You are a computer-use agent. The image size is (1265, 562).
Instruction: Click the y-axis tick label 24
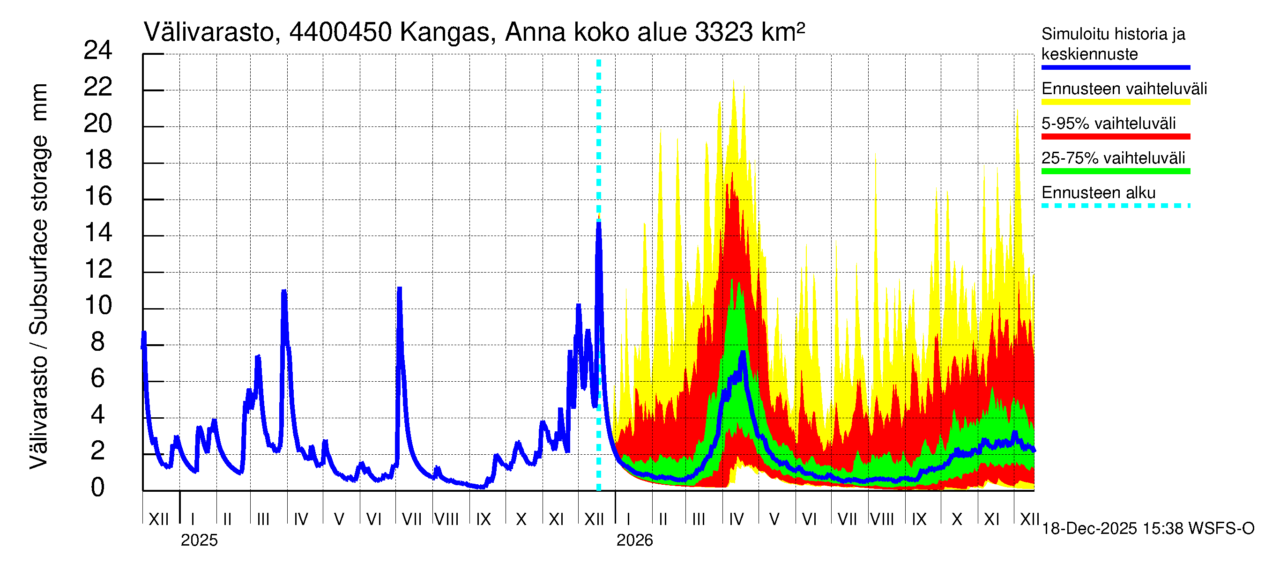98,51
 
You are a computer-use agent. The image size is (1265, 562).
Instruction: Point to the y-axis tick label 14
98,233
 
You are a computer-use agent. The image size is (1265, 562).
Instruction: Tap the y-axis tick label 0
98,488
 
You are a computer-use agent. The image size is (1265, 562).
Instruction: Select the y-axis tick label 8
98,342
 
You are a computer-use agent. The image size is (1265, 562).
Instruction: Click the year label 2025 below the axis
199,540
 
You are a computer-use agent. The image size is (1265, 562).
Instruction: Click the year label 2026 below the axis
634,540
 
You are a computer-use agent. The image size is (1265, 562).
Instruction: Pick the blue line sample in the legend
1115,68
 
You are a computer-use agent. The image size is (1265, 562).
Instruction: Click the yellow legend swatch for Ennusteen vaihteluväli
1115,102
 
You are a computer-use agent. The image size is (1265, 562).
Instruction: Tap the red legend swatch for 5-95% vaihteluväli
1115,137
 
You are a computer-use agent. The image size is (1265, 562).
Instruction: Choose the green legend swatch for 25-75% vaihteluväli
1115,171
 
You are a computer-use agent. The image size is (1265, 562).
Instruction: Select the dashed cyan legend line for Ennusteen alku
1115,206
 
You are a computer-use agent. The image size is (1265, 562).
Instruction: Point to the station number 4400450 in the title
340,33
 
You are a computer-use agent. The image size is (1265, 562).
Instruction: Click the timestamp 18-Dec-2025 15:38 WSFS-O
1147,529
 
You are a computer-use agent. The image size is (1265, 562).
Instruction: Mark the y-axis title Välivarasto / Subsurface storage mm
39,276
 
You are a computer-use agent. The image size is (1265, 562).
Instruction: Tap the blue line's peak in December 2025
599,222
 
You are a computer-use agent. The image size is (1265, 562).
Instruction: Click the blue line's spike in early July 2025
399,289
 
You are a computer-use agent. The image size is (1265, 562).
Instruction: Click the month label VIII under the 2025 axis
446,519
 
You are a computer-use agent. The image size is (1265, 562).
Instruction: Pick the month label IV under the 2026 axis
736,519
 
